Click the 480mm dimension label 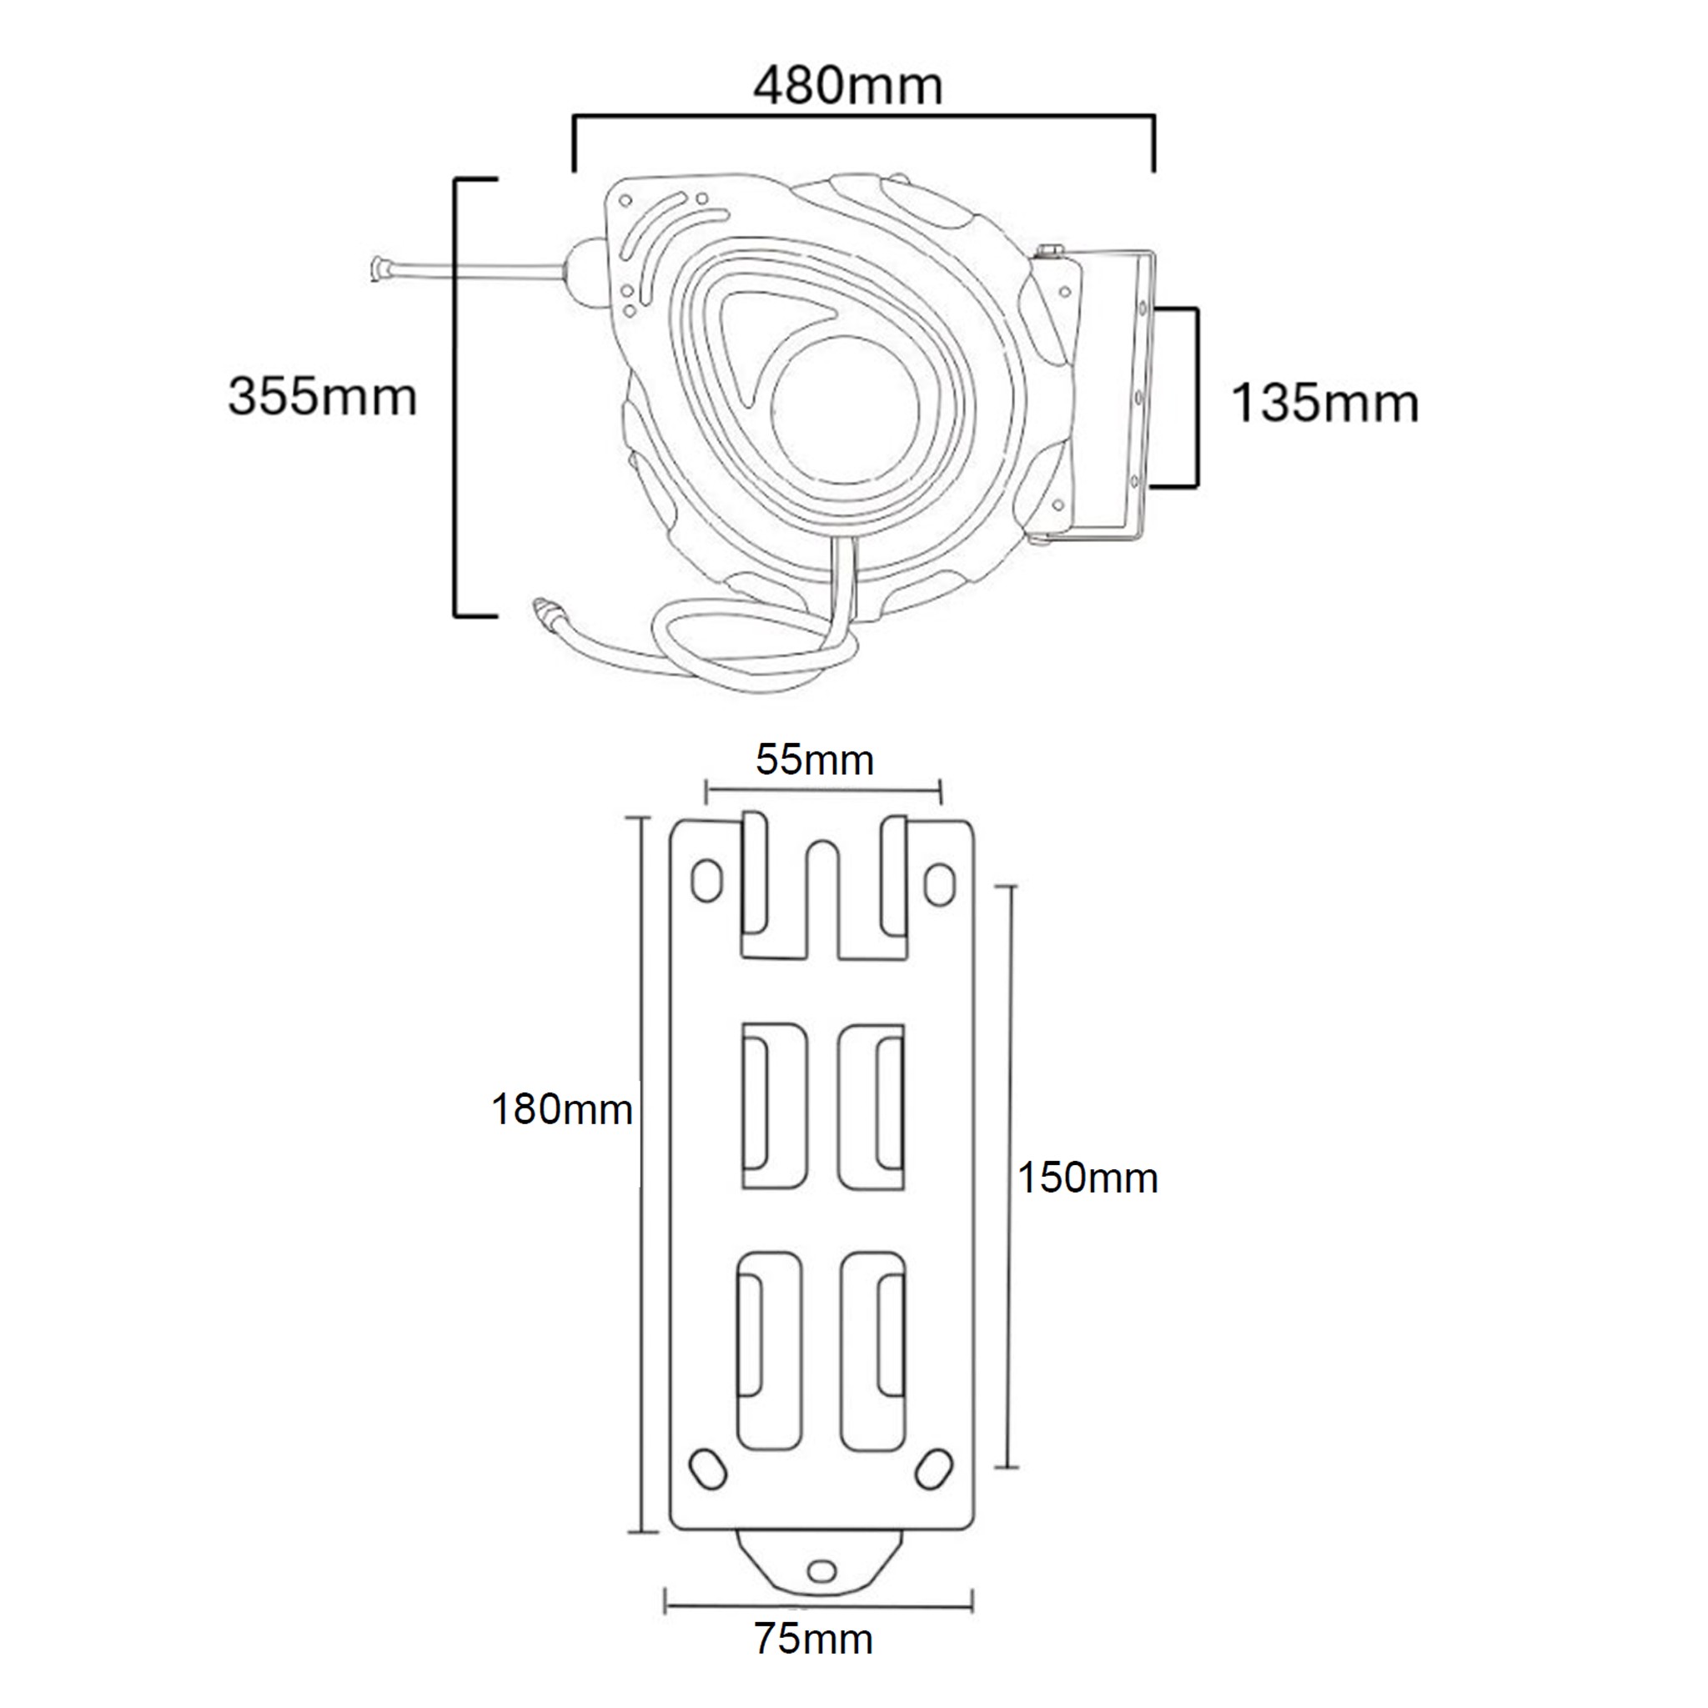(x=848, y=87)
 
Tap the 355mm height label (x=322, y=396)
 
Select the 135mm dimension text (x=1324, y=403)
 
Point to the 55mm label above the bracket (x=814, y=761)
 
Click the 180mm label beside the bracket (x=561, y=1108)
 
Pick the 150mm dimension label (x=1088, y=1178)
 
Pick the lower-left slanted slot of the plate (x=707, y=1470)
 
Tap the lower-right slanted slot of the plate (x=933, y=1469)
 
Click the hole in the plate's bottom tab (x=821, y=1570)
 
